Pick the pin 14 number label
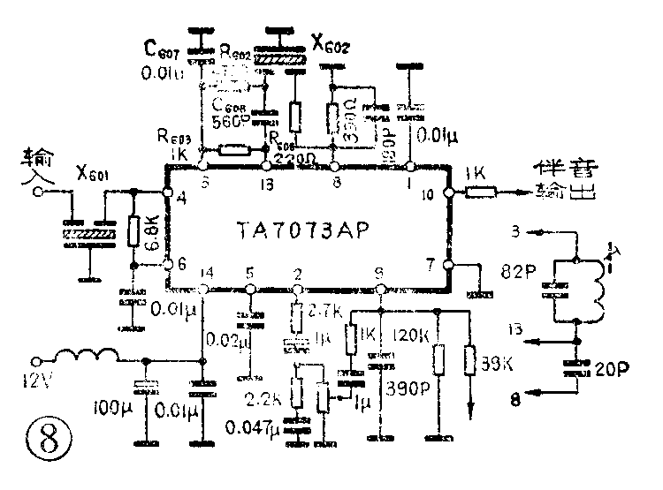pyautogui.click(x=208, y=272)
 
